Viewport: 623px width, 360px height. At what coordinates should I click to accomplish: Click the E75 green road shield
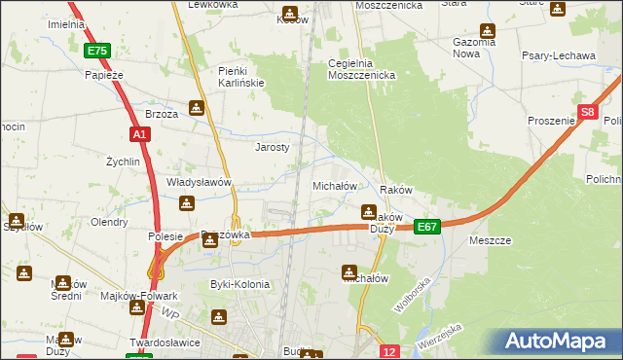point(96,51)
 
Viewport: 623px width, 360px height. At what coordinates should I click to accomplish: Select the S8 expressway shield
point(587,112)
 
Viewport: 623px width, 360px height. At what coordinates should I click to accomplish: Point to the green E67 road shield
point(427,226)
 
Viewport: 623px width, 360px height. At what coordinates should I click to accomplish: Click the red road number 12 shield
point(389,351)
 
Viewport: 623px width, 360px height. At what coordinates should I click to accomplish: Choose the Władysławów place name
point(199,182)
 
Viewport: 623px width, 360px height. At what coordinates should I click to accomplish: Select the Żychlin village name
point(123,161)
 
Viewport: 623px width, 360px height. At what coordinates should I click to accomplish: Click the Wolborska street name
point(412,294)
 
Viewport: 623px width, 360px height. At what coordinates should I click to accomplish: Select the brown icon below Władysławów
point(187,203)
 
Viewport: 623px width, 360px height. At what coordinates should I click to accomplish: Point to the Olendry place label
point(109,222)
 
